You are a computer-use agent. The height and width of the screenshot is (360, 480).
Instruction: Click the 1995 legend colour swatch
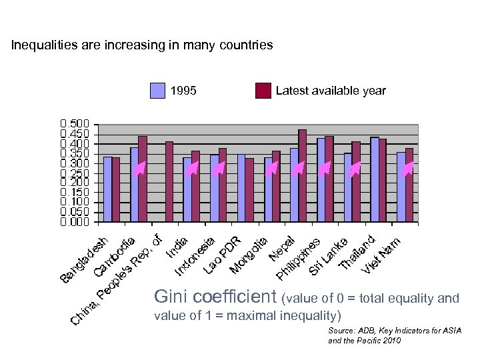click(x=157, y=91)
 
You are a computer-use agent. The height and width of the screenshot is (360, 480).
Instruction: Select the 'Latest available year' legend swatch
click(x=263, y=91)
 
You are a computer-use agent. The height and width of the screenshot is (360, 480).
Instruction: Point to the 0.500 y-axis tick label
click(x=74, y=125)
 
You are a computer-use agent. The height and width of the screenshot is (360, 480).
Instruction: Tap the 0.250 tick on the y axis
click(x=74, y=173)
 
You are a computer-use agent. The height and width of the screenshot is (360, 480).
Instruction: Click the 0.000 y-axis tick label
click(x=74, y=221)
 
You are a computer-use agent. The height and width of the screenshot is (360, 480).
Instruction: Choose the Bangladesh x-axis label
click(x=83, y=260)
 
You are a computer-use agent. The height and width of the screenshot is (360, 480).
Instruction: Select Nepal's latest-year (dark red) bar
click(x=303, y=175)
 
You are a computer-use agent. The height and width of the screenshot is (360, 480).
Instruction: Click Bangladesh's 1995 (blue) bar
click(x=108, y=189)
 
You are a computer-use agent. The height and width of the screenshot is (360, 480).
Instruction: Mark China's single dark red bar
click(x=169, y=181)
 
